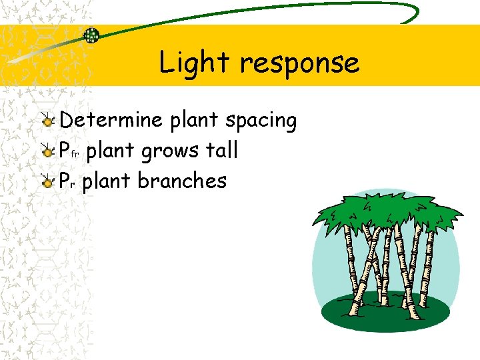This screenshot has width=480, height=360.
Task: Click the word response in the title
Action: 299,64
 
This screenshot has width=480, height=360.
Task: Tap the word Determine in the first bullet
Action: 111,120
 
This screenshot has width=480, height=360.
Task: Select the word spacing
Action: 261,121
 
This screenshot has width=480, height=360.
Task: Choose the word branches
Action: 181,181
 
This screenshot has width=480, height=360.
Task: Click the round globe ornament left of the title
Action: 91,35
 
